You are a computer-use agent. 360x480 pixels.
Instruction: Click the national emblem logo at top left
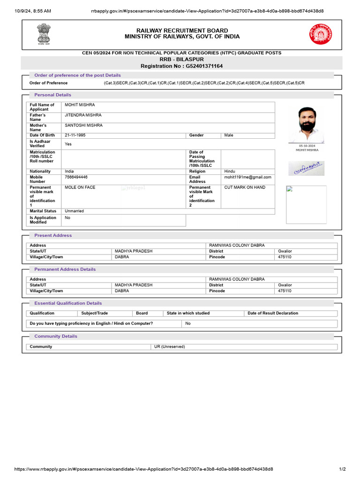click(43, 33)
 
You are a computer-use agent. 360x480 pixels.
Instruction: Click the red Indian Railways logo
click(321, 34)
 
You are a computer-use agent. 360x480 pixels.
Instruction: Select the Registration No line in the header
click(181, 66)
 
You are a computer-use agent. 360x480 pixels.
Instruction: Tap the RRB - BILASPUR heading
click(181, 60)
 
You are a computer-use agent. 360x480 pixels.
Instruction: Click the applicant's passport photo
click(307, 125)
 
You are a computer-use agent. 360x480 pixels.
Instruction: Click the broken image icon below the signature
click(289, 189)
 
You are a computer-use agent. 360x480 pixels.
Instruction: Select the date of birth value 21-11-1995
click(75, 135)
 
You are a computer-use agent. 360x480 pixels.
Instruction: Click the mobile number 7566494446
click(76, 177)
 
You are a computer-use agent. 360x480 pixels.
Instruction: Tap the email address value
click(247, 177)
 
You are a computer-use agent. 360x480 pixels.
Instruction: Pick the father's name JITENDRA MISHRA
click(83, 115)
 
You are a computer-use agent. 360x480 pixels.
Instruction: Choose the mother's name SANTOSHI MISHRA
click(83, 125)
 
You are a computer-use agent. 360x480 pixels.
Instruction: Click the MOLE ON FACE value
click(80, 187)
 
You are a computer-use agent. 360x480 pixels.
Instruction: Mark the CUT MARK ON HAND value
click(245, 187)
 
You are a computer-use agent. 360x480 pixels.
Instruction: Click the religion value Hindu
click(230, 172)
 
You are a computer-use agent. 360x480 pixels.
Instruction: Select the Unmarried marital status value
click(74, 211)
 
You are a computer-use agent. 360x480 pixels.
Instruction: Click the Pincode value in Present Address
click(285, 257)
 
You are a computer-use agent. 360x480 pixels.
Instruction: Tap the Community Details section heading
click(56, 336)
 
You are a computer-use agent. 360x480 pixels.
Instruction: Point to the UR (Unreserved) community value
click(170, 346)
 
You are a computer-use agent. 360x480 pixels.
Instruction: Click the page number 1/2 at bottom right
click(342, 469)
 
